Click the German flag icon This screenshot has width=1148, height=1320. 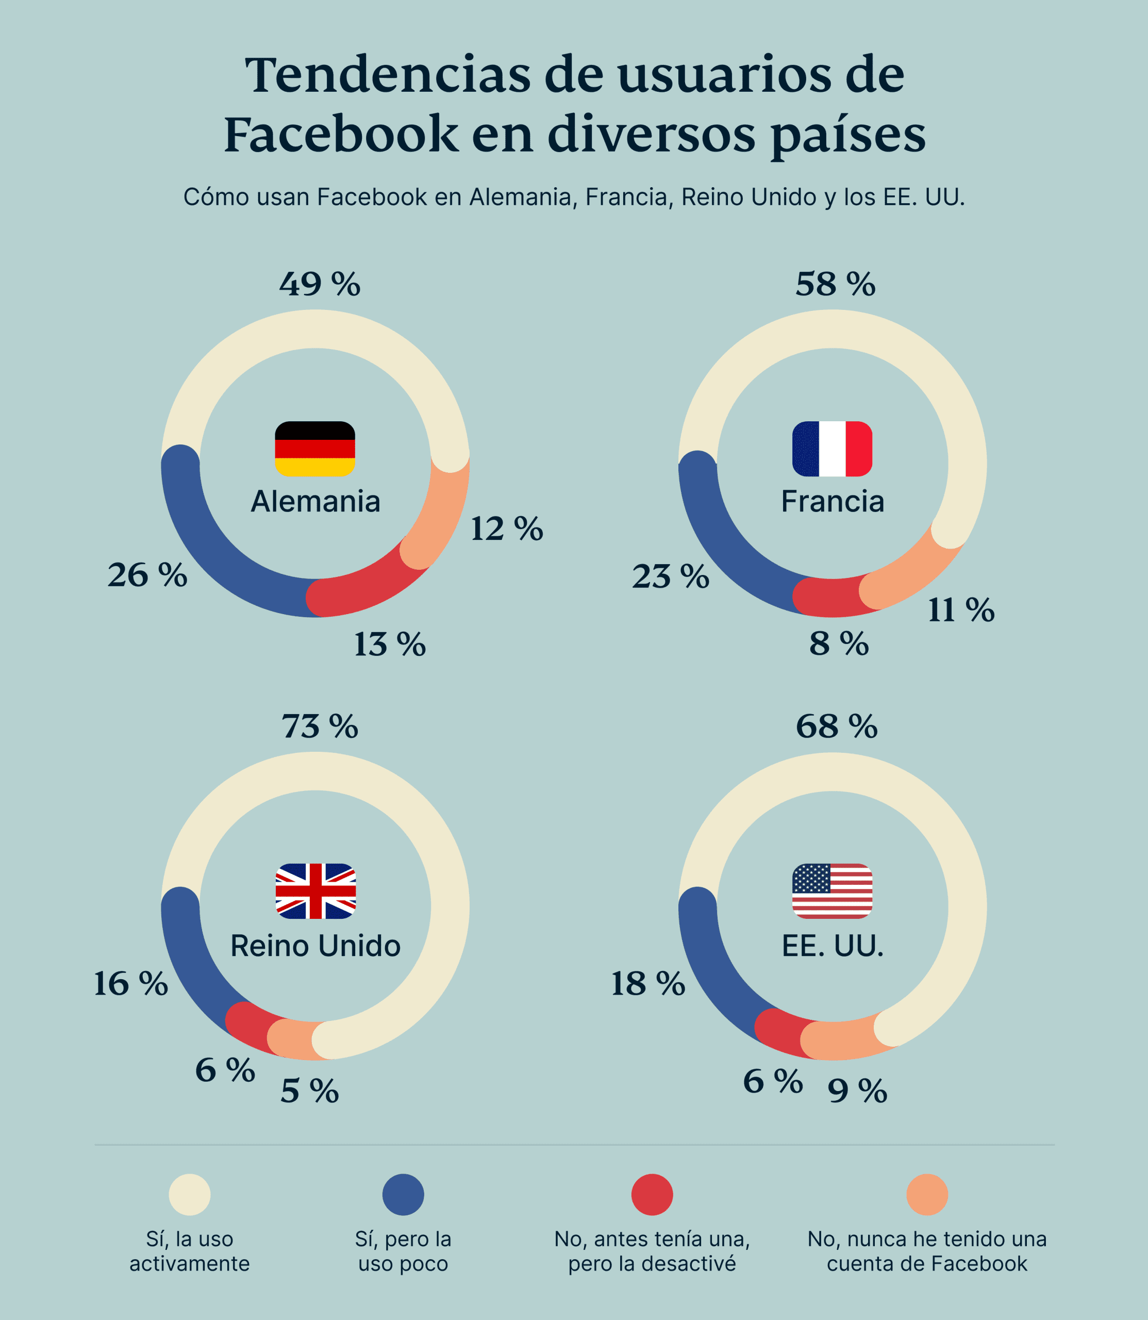tap(314, 449)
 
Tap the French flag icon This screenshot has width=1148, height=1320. tap(831, 449)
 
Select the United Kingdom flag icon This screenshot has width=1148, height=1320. tap(315, 890)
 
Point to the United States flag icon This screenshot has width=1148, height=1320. tap(831, 890)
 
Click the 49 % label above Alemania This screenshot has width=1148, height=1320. tap(320, 284)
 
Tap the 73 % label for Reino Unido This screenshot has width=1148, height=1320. tap(320, 726)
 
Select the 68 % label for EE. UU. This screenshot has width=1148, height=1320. tap(836, 726)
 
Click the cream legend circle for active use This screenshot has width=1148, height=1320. tap(190, 1194)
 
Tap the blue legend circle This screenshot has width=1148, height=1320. tap(403, 1194)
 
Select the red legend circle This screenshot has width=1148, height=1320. tap(652, 1194)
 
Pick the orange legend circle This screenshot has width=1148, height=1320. tap(926, 1194)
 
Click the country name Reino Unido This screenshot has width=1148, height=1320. tap(315, 946)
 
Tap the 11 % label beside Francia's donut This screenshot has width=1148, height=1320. tap(961, 609)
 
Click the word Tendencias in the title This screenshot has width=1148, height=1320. tap(387, 75)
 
